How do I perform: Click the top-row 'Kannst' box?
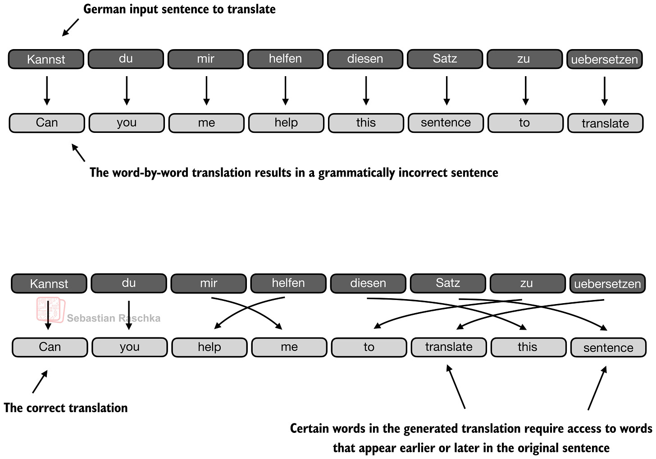point(46,59)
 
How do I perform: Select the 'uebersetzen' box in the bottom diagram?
point(607,284)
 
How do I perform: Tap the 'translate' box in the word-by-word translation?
point(605,123)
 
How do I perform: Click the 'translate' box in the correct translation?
point(449,347)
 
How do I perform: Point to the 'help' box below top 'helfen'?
point(286,123)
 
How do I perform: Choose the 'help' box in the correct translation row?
point(210,347)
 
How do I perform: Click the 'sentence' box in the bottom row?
point(608,347)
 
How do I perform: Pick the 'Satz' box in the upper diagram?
point(445,59)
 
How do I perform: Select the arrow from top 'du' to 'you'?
point(127,90)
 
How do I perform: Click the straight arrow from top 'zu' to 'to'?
point(525,90)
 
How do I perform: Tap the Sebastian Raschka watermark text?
point(114,318)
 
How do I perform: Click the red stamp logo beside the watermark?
point(50,310)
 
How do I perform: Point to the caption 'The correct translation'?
point(66,408)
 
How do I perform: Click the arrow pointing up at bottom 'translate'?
point(456,386)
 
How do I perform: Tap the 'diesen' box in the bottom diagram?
point(368,283)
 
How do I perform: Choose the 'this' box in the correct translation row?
point(528,347)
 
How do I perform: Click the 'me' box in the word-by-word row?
point(206,123)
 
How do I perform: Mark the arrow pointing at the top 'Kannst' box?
point(71,27)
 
